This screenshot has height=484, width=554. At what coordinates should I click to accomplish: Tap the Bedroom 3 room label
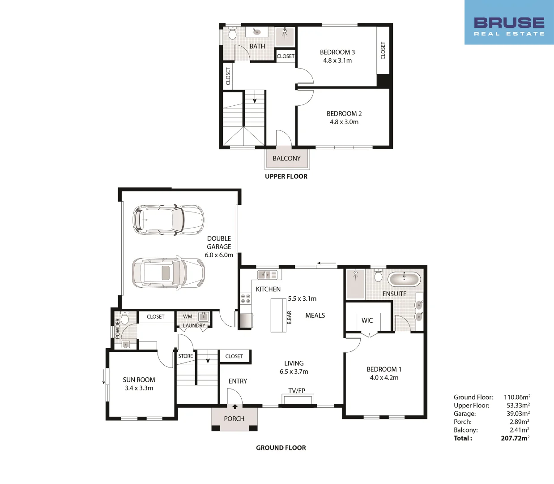(x=337, y=52)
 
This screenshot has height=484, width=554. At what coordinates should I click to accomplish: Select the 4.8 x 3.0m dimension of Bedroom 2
(x=344, y=122)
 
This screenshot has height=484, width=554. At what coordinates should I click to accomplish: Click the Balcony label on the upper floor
(x=286, y=158)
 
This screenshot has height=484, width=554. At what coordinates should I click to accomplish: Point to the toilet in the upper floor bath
(x=232, y=34)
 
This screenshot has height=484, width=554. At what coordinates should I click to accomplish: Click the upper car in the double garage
(x=168, y=220)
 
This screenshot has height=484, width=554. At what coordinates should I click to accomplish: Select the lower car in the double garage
(x=168, y=272)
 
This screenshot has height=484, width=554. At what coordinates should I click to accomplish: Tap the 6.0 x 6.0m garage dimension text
(x=219, y=255)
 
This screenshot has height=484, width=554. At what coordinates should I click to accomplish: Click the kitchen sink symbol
(x=267, y=274)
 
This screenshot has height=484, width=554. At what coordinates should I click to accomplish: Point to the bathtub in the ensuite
(x=404, y=279)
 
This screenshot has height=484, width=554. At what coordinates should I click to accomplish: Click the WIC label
(x=367, y=320)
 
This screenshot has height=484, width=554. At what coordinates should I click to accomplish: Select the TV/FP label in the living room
(x=297, y=391)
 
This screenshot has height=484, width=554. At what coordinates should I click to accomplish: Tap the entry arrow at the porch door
(x=234, y=407)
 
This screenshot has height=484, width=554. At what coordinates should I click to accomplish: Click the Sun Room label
(x=139, y=380)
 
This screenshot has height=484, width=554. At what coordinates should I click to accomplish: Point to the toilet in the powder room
(x=125, y=319)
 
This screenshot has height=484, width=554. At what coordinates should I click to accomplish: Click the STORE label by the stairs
(x=186, y=356)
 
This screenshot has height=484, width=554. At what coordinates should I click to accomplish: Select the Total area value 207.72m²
(x=515, y=438)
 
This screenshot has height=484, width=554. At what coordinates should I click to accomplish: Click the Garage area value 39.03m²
(x=518, y=414)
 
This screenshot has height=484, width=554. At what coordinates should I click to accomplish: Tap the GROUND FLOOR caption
(x=281, y=448)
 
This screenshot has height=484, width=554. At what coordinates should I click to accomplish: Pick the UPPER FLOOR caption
(x=286, y=177)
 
